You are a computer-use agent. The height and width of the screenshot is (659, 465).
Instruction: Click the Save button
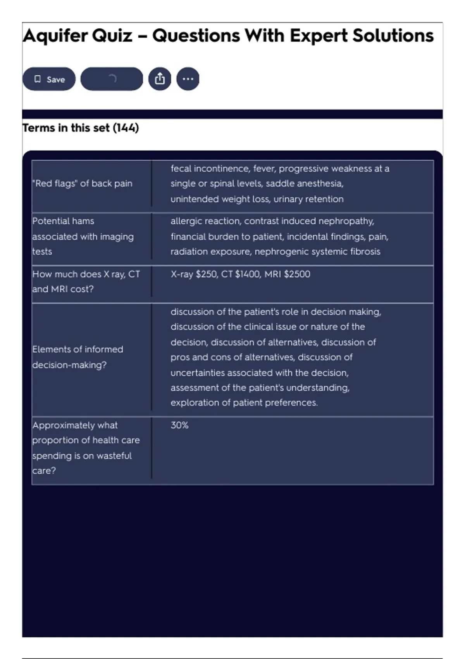tap(49, 79)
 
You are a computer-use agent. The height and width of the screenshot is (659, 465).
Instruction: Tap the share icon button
tap(160, 79)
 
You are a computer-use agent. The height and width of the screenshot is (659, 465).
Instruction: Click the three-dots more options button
tap(188, 79)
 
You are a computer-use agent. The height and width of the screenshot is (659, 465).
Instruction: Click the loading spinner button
tap(112, 79)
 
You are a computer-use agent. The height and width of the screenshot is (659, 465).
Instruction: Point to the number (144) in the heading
tap(126, 128)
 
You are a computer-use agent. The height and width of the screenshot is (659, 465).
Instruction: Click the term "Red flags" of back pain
tap(82, 183)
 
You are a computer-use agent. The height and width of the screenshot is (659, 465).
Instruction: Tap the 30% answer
tap(179, 425)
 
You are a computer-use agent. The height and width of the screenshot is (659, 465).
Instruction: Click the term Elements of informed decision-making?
tap(77, 357)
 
